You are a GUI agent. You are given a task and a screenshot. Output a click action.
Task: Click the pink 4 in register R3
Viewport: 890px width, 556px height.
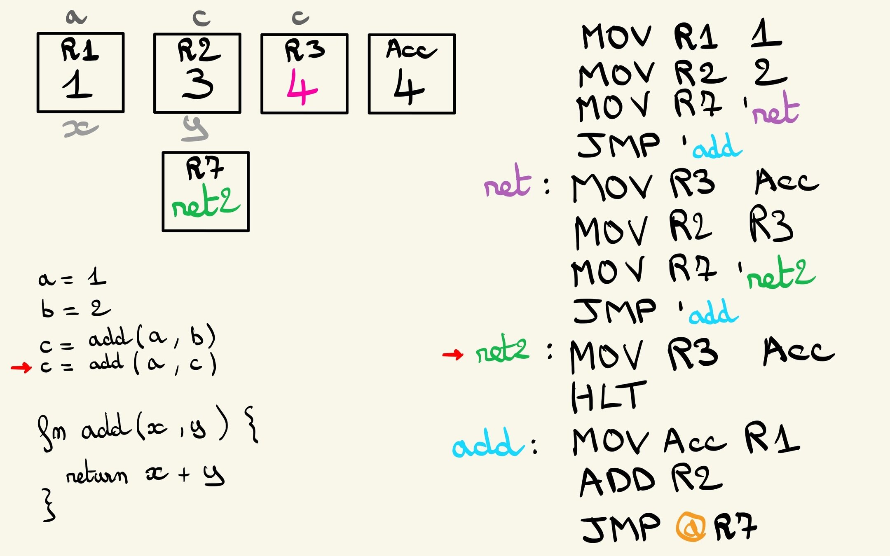point(302,87)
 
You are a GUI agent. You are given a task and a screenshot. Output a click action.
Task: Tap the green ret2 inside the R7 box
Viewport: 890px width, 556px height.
point(206,203)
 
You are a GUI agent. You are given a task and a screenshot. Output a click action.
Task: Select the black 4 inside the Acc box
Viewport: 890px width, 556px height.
point(409,87)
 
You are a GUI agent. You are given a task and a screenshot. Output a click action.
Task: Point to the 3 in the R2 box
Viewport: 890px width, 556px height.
point(198,84)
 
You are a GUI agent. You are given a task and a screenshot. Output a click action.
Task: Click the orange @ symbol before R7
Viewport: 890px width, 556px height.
point(691,526)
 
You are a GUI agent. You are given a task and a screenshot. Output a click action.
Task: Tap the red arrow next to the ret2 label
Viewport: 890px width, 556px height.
point(453,354)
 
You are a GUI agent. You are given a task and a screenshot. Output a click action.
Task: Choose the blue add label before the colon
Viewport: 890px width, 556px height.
point(488,444)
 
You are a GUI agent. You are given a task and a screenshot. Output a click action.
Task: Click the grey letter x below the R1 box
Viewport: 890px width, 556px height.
point(80,129)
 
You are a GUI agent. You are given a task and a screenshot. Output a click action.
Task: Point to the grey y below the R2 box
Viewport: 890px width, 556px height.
point(195,129)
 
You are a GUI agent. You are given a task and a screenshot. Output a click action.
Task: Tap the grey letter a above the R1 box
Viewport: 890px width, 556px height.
point(76,17)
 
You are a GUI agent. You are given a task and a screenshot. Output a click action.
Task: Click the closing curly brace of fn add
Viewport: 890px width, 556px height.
point(49,505)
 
